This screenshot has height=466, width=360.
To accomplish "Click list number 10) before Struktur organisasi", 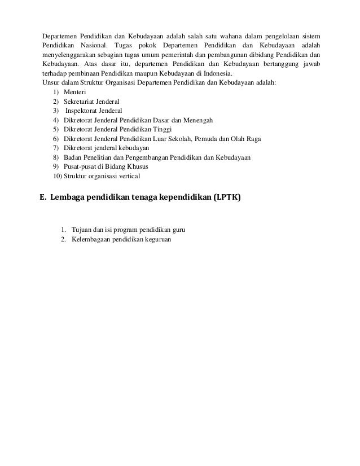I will (57, 175).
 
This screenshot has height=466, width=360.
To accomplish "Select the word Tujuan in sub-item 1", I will (82, 230).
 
